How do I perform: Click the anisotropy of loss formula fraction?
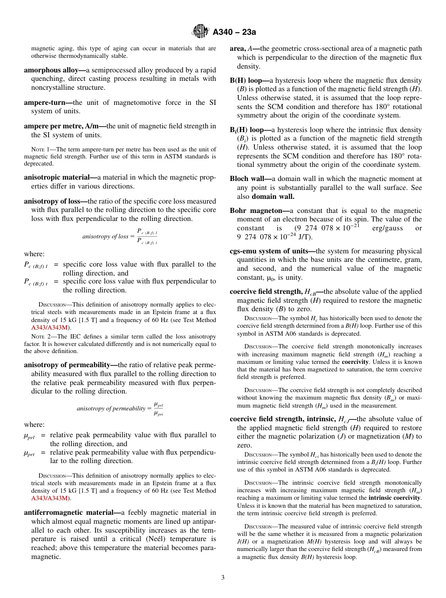pos(147,236)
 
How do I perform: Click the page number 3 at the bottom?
pos(223,578)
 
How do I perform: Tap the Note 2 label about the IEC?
pos(39,337)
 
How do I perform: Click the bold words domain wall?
pos(273,196)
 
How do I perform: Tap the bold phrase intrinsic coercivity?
pos(395,497)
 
